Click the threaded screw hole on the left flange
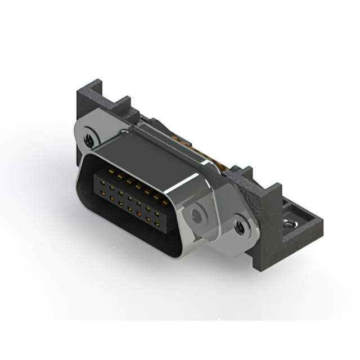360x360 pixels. tap(88, 137)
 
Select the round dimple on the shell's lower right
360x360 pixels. tap(196, 214)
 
